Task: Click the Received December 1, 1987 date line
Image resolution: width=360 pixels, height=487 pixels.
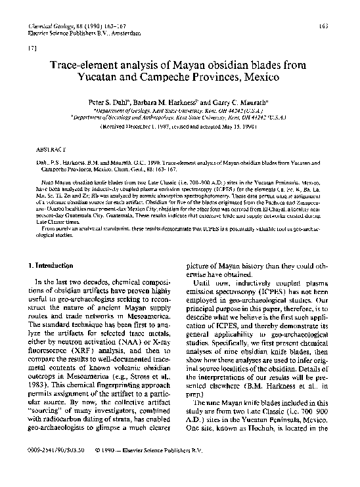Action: tap(138, 129)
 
